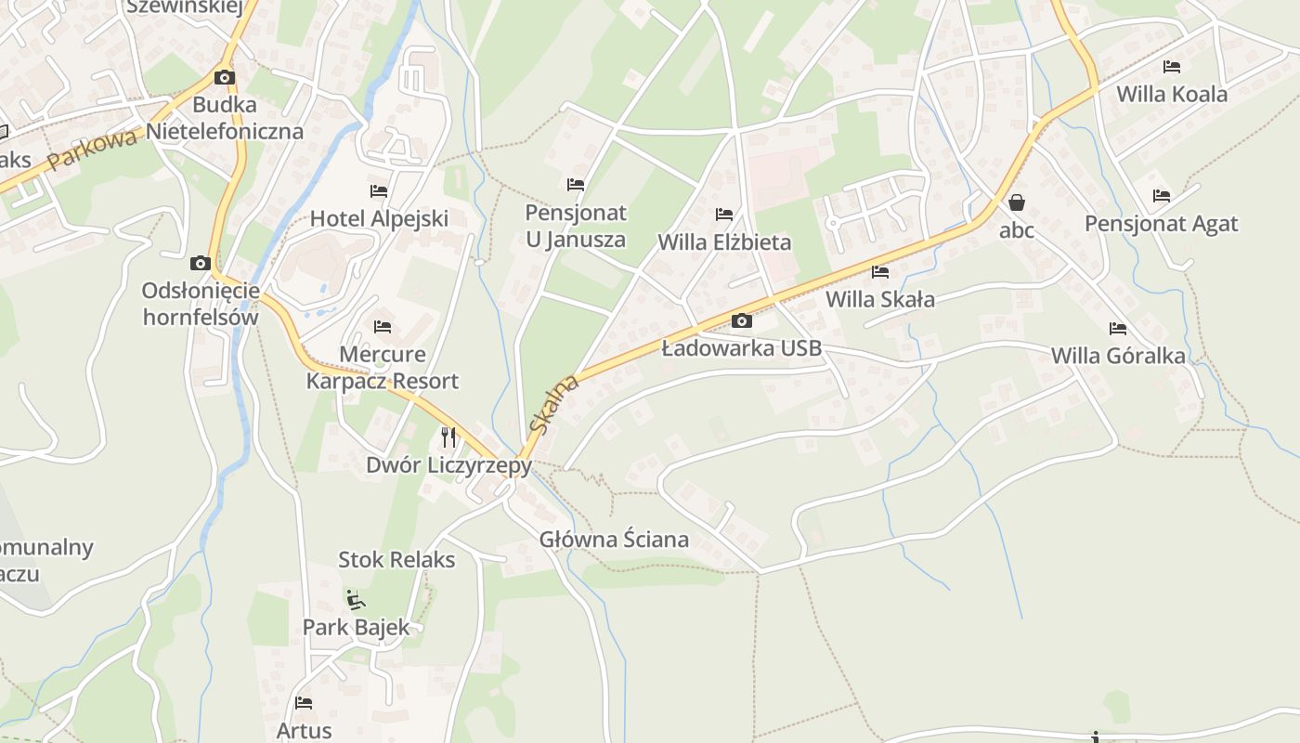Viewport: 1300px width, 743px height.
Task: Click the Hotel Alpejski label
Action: (x=379, y=219)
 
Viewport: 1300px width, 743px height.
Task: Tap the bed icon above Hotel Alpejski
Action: (x=379, y=191)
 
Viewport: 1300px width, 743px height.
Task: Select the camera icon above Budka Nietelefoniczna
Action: (x=225, y=77)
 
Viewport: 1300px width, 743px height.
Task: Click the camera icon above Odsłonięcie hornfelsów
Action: (x=200, y=263)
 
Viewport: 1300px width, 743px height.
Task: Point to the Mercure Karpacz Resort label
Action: (x=383, y=368)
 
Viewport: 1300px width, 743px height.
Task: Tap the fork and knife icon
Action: (x=448, y=437)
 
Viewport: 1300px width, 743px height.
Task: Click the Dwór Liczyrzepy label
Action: (x=448, y=465)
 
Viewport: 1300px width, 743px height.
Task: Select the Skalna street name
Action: (x=553, y=404)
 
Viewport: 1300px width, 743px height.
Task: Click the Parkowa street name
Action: (x=93, y=149)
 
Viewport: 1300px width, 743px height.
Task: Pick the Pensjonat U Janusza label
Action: (x=576, y=226)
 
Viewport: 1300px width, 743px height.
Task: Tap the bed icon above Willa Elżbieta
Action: (x=724, y=215)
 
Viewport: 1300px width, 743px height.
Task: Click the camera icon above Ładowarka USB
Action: (x=741, y=320)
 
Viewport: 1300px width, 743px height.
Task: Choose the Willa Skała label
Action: (x=880, y=300)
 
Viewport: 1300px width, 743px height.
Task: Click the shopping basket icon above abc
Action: (x=1017, y=202)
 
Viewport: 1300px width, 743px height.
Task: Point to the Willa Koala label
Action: (x=1172, y=95)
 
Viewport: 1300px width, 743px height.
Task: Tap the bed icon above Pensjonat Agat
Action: (x=1162, y=196)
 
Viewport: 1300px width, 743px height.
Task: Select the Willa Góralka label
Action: (x=1118, y=357)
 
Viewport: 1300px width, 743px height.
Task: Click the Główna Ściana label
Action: (x=614, y=540)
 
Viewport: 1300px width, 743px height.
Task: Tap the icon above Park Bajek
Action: (x=356, y=599)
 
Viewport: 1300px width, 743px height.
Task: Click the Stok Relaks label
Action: (x=396, y=560)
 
